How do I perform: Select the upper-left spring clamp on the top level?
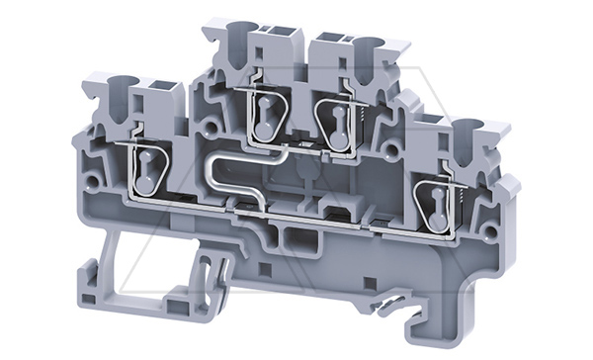(266, 117)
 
